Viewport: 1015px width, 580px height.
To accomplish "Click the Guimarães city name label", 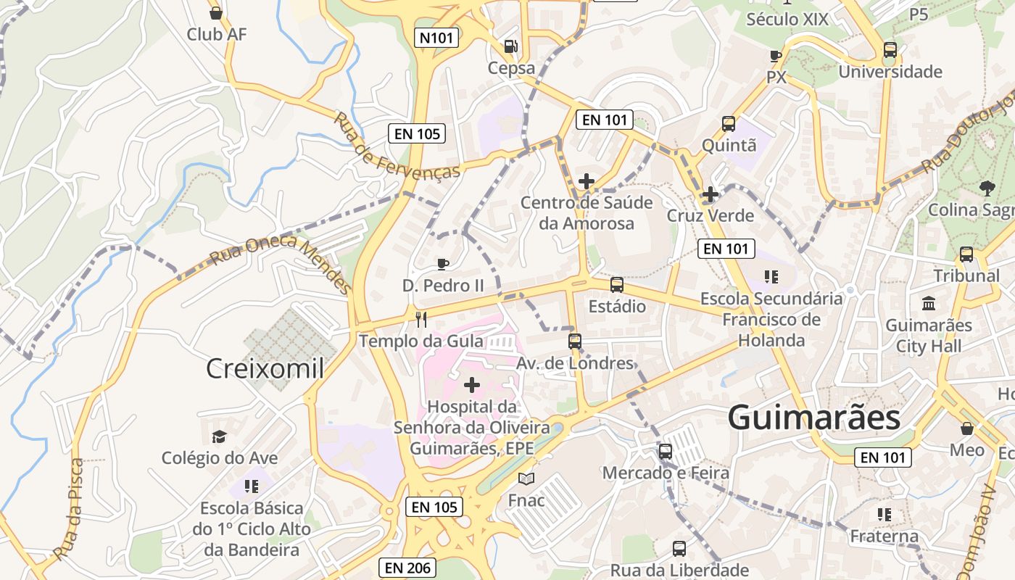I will click(x=813, y=418).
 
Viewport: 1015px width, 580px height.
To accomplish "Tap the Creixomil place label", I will click(x=265, y=368).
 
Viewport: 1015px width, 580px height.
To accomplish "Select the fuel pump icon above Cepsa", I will click(x=511, y=46).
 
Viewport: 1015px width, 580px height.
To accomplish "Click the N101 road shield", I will click(x=437, y=38).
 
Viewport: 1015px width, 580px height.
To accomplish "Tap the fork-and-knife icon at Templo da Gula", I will click(x=420, y=318).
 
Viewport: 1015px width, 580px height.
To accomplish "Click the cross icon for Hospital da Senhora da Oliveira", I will click(x=472, y=384).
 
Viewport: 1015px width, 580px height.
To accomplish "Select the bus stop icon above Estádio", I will click(x=617, y=284).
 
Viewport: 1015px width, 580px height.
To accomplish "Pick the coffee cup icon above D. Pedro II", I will click(x=443, y=264).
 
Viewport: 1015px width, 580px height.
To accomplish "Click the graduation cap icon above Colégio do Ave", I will click(x=219, y=436).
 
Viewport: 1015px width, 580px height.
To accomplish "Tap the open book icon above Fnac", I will click(x=526, y=479).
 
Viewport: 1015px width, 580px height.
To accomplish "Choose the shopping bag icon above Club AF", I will click(x=215, y=12).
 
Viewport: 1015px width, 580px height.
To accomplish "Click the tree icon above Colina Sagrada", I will click(x=987, y=188).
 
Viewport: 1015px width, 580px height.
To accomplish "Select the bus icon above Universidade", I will click(x=890, y=50).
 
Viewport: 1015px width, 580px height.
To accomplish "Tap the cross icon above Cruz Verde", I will click(x=710, y=194).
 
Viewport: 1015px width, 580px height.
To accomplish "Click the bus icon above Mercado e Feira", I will click(x=666, y=451).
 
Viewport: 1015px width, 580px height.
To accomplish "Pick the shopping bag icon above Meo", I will click(x=966, y=428).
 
